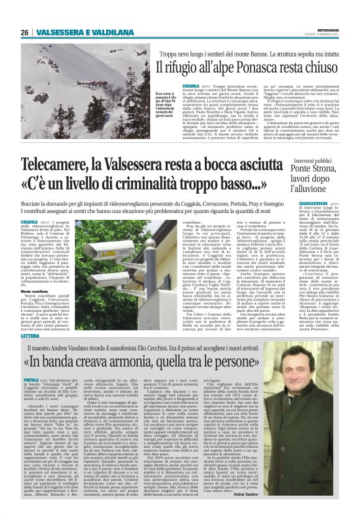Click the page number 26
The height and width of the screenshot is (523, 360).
pos(25,32)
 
